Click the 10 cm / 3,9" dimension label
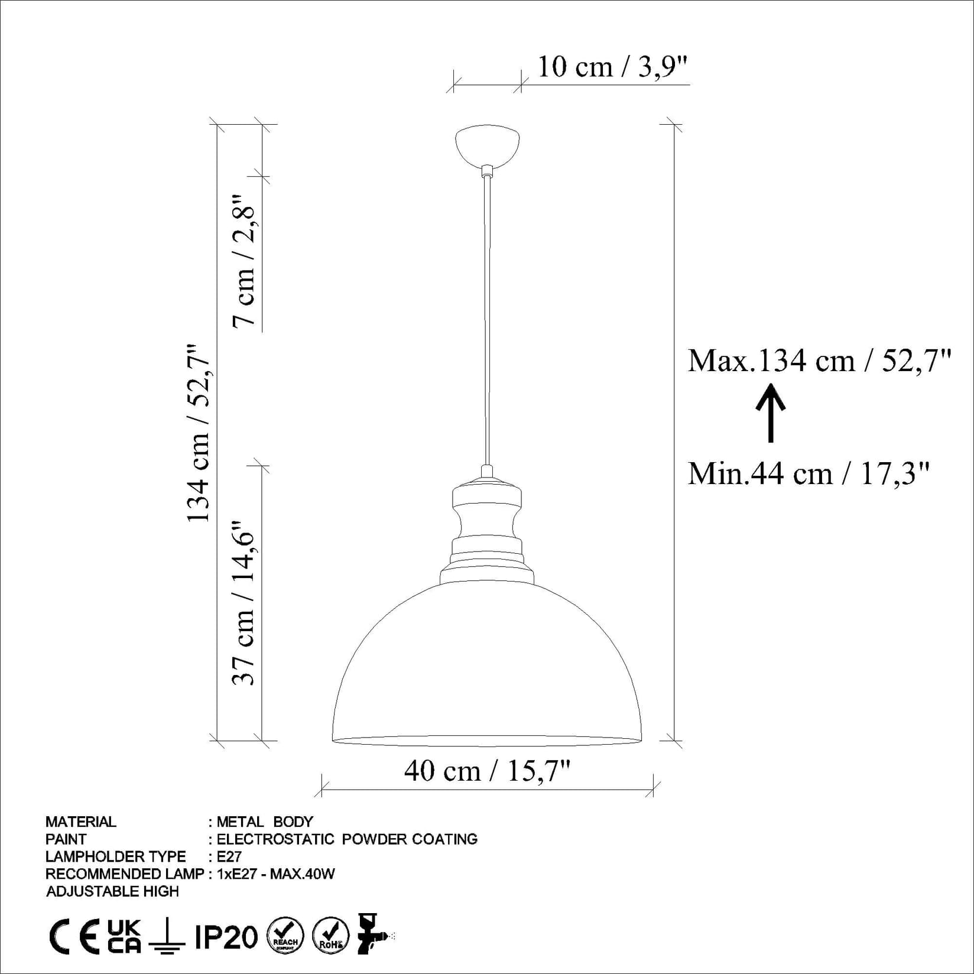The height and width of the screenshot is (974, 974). (x=613, y=67)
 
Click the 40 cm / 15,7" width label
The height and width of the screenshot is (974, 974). (x=487, y=771)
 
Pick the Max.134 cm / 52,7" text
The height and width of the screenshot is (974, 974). (x=819, y=360)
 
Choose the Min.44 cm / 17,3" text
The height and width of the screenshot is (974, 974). (x=809, y=473)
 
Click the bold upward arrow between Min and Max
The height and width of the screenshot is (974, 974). (x=771, y=413)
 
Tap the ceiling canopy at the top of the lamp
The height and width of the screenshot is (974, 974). (x=488, y=145)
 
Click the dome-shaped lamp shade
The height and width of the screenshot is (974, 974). (x=487, y=668)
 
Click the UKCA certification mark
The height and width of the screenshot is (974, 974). (x=124, y=936)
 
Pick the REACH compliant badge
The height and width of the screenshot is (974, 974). (x=285, y=936)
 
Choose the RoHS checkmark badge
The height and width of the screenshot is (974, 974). (x=330, y=936)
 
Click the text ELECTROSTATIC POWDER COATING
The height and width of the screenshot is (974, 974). (x=347, y=839)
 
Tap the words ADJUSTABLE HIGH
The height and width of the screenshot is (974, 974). (x=112, y=891)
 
